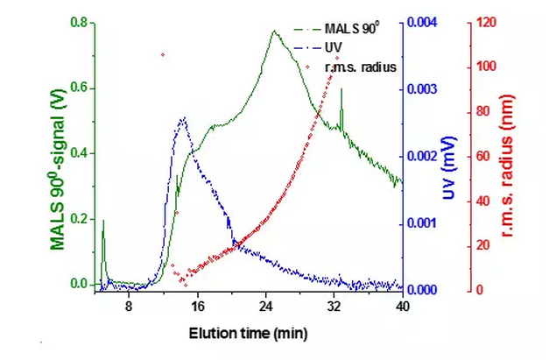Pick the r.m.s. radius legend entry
point(360,66)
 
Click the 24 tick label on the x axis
point(265,307)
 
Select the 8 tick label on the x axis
point(129,307)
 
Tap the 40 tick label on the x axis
point(402,307)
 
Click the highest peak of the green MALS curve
point(273,32)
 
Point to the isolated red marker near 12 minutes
point(162,54)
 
